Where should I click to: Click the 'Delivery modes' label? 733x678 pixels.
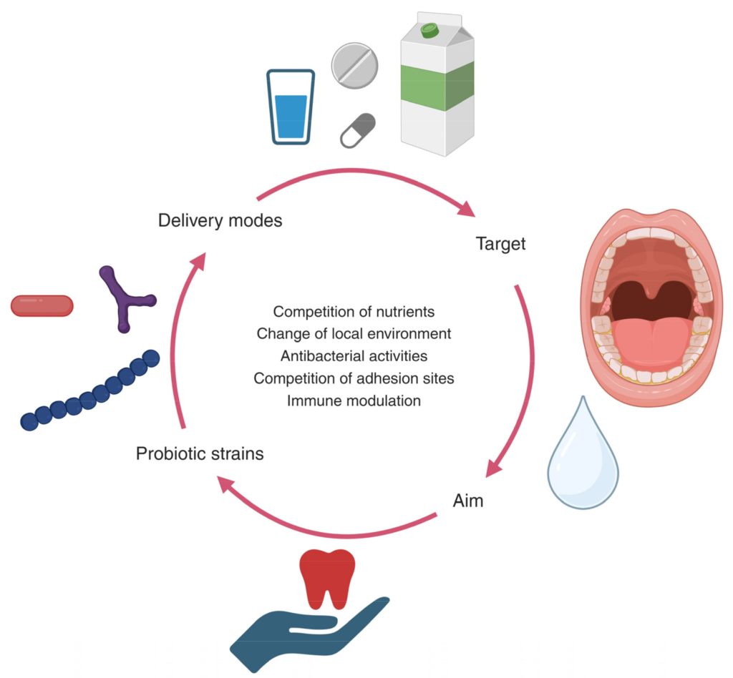click(x=220, y=220)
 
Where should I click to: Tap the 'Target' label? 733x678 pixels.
click(x=500, y=244)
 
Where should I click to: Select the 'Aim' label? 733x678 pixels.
click(x=468, y=501)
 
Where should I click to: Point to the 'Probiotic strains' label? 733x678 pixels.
click(x=200, y=453)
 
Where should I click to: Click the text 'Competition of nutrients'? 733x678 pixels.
click(x=354, y=312)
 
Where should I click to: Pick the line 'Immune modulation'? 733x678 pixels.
click(x=354, y=401)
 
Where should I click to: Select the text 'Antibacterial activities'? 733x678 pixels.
click(x=354, y=356)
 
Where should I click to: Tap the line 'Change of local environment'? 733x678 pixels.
click(x=354, y=334)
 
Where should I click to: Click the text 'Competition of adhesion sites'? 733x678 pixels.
click(x=354, y=378)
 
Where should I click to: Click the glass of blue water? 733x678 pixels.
click(x=291, y=107)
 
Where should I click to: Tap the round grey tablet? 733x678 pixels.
click(x=354, y=65)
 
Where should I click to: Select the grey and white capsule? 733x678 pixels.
click(x=358, y=130)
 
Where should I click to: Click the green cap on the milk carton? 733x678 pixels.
click(x=429, y=30)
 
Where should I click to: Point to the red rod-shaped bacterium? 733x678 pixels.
click(x=42, y=305)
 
